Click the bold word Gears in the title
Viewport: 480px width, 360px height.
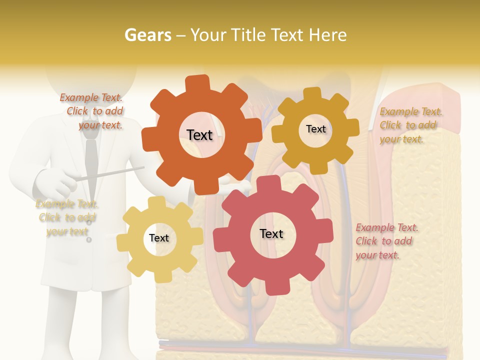[x=147, y=35]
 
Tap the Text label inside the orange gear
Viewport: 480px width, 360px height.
[x=199, y=135]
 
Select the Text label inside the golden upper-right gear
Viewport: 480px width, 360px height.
[x=315, y=129]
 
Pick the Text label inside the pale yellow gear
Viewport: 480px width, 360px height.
[x=159, y=238]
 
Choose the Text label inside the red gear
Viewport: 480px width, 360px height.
[x=271, y=233]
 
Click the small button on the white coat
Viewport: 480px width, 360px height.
[x=89, y=240]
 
